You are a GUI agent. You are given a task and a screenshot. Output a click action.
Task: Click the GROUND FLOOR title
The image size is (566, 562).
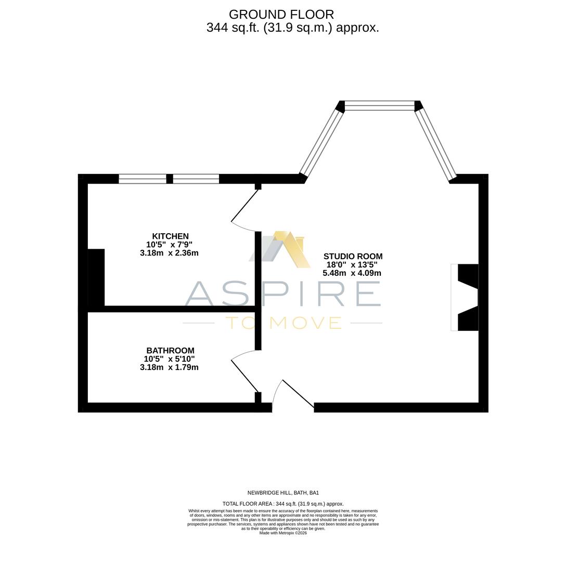point(281,15)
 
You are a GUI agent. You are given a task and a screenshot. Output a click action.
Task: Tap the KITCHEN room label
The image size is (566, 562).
point(170,236)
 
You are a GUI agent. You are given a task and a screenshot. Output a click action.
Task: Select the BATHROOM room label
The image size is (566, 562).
point(170,351)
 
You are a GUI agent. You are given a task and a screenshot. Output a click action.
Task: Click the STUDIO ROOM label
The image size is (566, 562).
point(353,257)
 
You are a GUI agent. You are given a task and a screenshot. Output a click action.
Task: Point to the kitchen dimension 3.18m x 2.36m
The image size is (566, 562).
point(169,253)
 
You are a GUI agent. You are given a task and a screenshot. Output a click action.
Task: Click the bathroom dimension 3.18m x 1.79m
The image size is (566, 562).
point(169,367)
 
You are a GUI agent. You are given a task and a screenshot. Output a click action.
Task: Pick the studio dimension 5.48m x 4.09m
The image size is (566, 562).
point(352,273)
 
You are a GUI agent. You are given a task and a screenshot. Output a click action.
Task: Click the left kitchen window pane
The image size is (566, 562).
point(143,179)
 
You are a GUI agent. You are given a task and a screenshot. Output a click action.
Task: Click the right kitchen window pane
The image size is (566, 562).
point(196,179)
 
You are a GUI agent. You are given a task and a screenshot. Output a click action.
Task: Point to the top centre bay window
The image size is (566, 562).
point(380,106)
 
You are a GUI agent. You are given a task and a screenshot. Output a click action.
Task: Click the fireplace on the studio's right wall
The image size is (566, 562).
point(465,297)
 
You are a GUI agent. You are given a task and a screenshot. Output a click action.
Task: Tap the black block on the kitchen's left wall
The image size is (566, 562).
point(96,277)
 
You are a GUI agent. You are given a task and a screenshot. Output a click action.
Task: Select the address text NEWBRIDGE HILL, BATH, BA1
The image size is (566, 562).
point(283,493)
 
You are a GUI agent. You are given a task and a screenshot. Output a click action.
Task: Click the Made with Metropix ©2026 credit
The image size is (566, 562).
point(283,533)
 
